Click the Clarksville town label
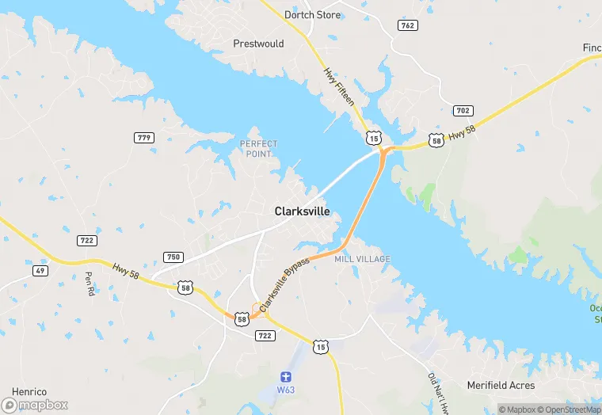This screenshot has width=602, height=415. pos(302,211)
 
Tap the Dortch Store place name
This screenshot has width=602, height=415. pos(313,15)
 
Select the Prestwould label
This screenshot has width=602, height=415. pos(258,44)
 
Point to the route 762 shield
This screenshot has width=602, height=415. pos(407,25)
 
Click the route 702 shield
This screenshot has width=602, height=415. pos(463,110)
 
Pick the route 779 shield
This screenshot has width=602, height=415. pos(144,138)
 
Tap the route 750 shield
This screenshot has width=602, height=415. pos(173,257)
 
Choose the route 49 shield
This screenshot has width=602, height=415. pos(40,270)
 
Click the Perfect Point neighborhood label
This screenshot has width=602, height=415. pos(259,149)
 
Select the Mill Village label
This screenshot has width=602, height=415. pos(362,259)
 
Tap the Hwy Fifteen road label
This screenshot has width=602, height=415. pos(338,87)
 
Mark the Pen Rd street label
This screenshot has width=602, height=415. pos(89,285)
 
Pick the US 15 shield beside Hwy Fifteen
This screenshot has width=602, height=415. pos(373,138)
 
